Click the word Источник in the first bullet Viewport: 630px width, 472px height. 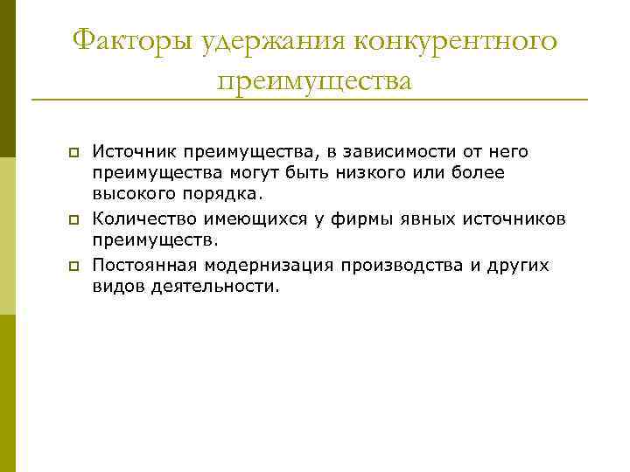coord(132,152)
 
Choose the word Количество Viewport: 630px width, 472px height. coord(141,217)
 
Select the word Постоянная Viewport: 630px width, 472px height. coord(143,265)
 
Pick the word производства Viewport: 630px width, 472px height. coord(402,265)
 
